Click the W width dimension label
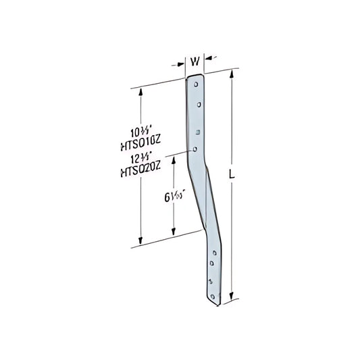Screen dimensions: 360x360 pyautogui.click(x=195, y=61)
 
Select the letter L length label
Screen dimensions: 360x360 pyautogui.click(x=232, y=175)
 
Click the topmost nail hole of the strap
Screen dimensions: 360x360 pyautogui.click(x=196, y=86)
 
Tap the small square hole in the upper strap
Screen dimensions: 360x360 pyautogui.click(x=197, y=132)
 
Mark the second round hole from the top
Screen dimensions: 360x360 pyautogui.click(x=199, y=105)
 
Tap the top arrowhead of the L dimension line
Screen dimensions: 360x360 pyautogui.click(x=234, y=72)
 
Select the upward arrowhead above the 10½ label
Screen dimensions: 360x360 pyautogui.click(x=140, y=91)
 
